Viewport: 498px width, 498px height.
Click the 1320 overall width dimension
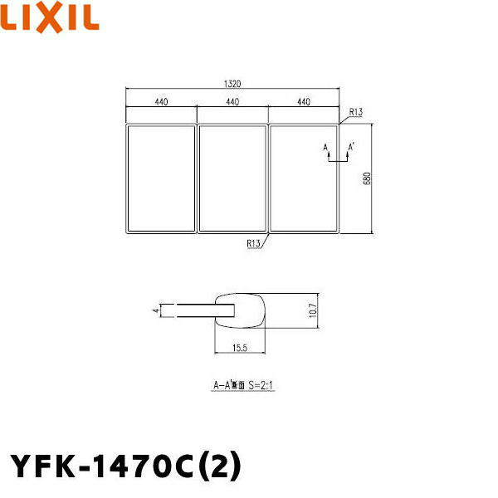click(232, 84)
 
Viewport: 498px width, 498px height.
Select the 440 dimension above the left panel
click(161, 102)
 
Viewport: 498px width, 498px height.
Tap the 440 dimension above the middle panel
click(232, 102)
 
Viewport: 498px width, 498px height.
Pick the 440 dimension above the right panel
click(303, 102)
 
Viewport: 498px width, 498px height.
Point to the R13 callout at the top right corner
click(356, 111)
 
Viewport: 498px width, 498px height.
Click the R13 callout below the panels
click(253, 243)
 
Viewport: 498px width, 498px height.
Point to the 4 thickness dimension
click(154, 310)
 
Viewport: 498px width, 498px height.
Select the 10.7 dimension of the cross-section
click(312, 310)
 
